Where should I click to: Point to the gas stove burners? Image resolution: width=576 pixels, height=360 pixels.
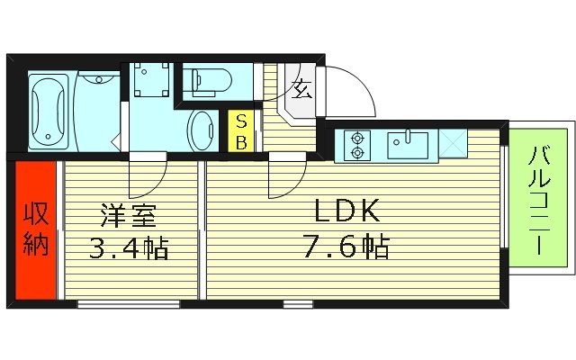coord(357,146)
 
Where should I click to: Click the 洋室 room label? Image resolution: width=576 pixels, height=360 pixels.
coord(131,216)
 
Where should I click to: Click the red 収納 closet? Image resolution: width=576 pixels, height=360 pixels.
coord(35,230)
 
